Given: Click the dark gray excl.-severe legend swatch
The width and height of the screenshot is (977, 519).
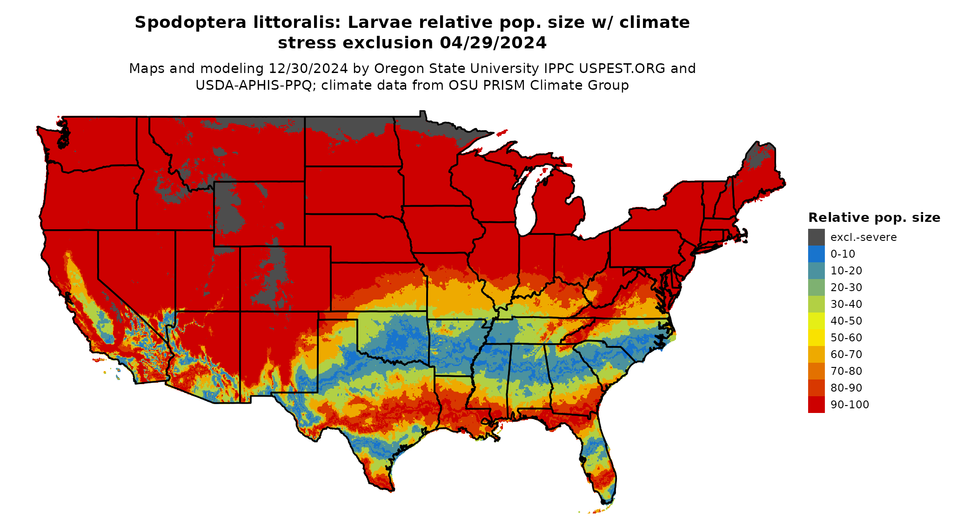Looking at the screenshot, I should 816,237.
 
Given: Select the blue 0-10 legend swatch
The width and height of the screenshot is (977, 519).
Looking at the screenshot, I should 816,254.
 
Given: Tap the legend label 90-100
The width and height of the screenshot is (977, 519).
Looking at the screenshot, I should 850,405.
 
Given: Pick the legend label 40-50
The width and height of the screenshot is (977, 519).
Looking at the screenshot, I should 846,321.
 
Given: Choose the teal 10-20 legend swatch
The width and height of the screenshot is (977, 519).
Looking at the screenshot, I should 816,271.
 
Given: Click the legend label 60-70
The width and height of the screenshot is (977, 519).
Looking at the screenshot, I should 846,354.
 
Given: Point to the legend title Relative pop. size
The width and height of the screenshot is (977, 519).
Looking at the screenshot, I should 874,218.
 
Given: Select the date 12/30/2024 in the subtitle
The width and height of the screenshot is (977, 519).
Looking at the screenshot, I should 308,68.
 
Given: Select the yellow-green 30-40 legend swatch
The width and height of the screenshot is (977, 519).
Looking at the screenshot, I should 816,304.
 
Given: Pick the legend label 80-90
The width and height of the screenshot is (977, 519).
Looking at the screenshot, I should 846,388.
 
